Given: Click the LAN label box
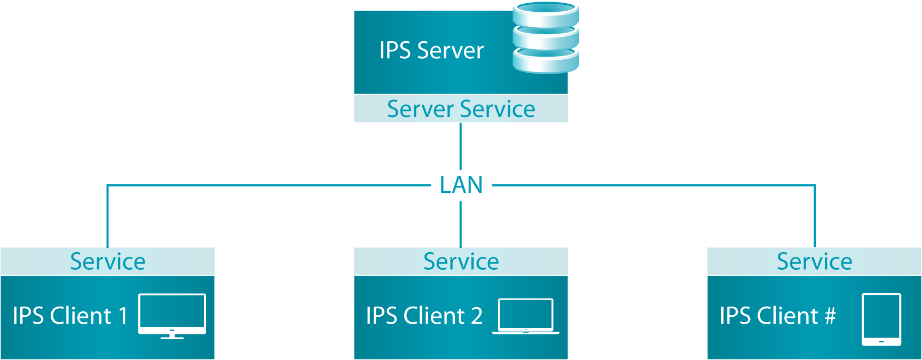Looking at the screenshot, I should [461, 185].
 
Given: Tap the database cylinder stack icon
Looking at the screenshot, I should [546, 37].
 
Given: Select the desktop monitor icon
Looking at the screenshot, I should [172, 315].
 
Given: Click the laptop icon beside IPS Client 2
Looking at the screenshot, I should [526, 316].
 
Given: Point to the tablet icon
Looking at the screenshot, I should [881, 319].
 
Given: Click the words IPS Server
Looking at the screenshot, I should [431, 51].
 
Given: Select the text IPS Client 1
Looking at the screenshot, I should [70, 316].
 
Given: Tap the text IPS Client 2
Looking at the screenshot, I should [424, 316].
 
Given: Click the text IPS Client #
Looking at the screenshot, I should [777, 316].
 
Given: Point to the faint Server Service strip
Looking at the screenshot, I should [461, 109].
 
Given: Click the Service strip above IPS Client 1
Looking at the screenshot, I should [107, 262].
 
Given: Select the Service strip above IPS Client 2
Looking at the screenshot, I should [461, 262].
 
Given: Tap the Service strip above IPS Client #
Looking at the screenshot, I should [814, 262].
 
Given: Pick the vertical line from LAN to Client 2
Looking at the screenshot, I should [460, 224].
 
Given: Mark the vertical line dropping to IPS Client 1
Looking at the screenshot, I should [107, 216].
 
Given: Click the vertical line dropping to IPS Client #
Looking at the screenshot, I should [815, 216].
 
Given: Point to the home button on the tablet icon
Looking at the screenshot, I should [881, 341].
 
